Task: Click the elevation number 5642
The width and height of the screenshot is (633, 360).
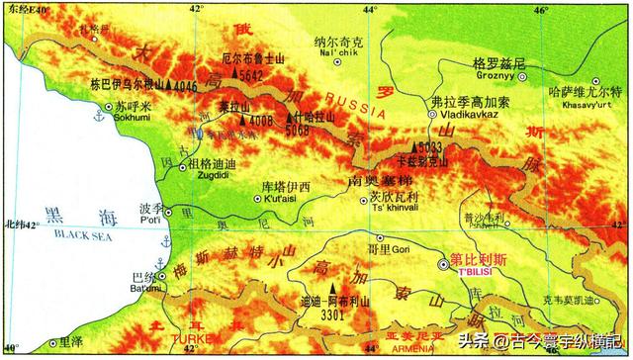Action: pyautogui.click(x=251, y=74)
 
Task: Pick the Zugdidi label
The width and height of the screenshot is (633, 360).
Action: pyautogui.click(x=211, y=177)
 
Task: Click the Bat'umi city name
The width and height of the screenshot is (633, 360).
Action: pyautogui.click(x=145, y=288)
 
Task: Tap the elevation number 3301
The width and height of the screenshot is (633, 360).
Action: pyautogui.click(x=333, y=315)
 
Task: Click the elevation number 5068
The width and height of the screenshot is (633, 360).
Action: pyautogui.click(x=297, y=130)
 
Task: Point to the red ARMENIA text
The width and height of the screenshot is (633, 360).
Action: pyautogui.click(x=384, y=347)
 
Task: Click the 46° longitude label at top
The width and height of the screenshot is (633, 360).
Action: pyautogui.click(x=541, y=9)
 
